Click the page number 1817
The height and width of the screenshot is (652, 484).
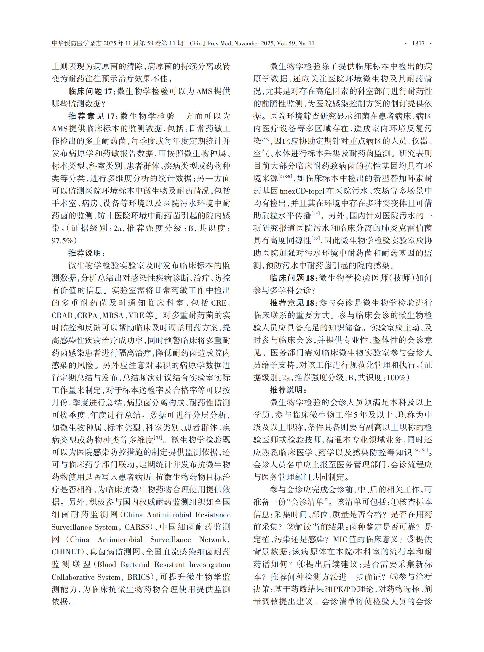(418, 44)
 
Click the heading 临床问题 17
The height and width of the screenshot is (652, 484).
(92, 91)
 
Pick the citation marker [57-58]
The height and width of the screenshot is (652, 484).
(285, 176)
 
